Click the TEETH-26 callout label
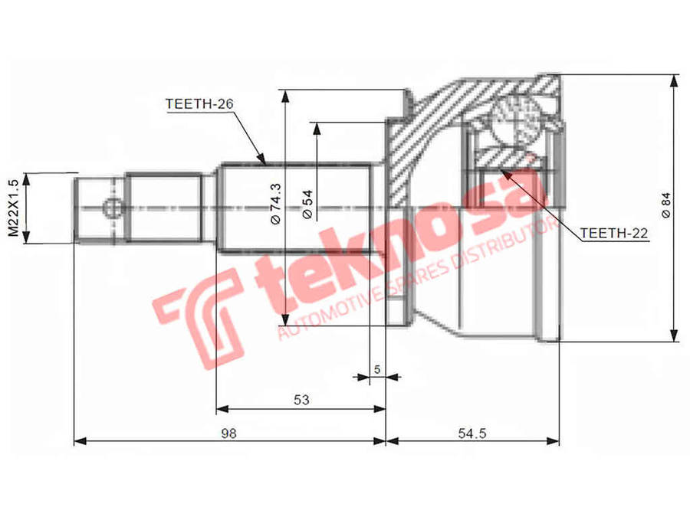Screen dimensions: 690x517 199,103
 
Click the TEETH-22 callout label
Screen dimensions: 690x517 614,233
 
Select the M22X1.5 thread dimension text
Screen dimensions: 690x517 14,208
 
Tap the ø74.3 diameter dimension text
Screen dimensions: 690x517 275,204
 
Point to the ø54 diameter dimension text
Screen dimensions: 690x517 307,204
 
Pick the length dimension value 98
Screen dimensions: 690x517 228,434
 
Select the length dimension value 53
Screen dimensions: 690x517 301,400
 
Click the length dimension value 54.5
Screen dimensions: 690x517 472,434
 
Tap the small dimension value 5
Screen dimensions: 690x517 377,369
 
